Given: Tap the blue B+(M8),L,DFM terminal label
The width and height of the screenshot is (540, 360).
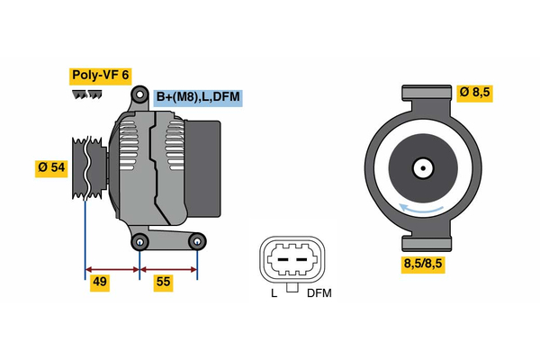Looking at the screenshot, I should [x=198, y=97].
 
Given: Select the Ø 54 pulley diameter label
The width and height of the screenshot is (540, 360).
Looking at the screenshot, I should [x=51, y=168].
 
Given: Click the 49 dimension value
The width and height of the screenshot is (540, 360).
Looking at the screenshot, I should [x=101, y=283].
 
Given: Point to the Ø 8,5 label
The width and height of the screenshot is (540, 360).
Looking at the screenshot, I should [x=473, y=93].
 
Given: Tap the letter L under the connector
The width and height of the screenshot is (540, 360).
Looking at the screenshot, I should [x=274, y=293].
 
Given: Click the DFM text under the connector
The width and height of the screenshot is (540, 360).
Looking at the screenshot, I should [x=319, y=293].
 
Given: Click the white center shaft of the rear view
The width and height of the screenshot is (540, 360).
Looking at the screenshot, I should [x=422, y=167].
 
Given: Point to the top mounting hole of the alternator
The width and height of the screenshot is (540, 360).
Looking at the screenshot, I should [x=139, y=94].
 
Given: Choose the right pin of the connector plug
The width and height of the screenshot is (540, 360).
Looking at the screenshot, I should [x=302, y=258].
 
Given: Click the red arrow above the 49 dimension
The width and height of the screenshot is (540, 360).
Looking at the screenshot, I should [x=112, y=268].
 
